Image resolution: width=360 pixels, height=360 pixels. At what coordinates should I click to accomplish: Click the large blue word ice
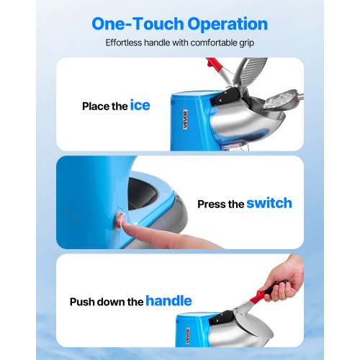point(140,105)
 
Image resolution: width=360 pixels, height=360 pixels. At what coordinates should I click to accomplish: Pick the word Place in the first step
point(96,107)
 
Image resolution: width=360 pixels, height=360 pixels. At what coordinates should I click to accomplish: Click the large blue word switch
point(269,203)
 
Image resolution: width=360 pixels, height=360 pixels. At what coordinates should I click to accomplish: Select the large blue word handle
point(170,300)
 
